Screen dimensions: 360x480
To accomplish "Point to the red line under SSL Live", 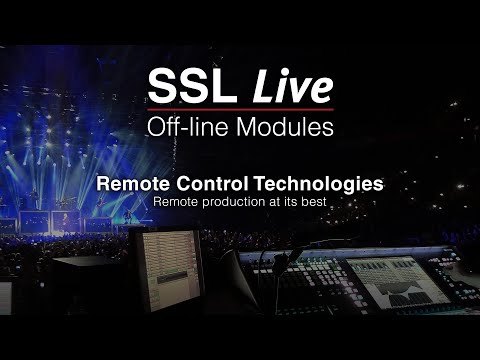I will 239,108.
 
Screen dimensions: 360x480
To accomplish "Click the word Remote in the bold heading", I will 157,185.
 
